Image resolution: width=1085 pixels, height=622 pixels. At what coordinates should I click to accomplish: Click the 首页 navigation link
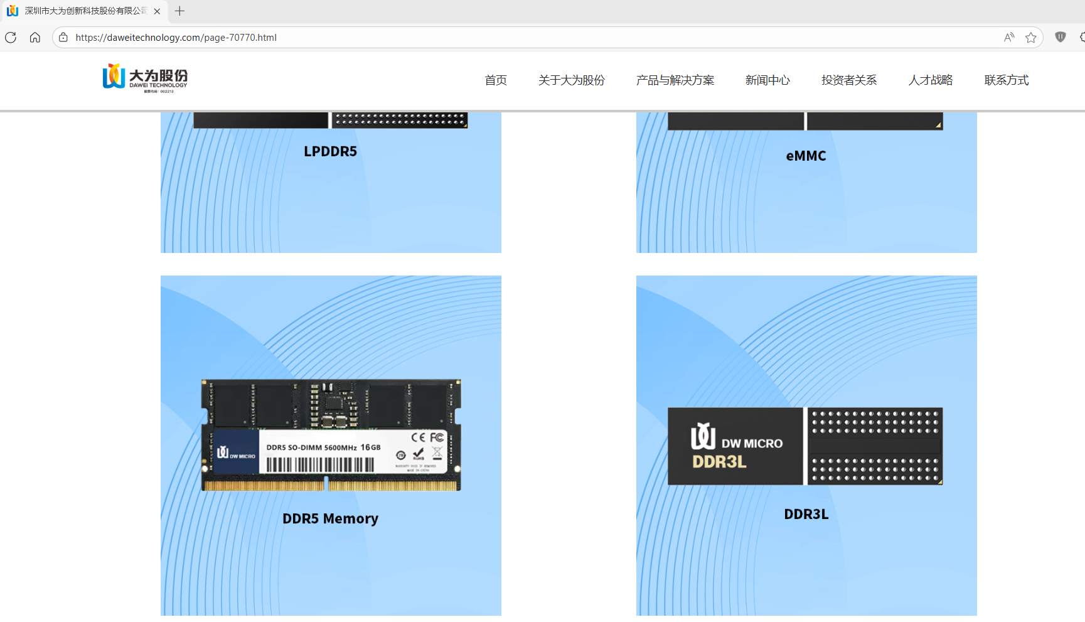point(495,80)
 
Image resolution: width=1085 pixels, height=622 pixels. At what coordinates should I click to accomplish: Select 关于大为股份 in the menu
point(571,80)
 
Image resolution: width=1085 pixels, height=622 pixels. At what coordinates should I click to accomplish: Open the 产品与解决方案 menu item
point(675,80)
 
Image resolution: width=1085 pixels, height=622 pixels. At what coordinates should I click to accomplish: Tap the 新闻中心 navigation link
point(767,80)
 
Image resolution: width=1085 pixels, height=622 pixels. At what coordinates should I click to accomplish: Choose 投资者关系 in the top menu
point(848,80)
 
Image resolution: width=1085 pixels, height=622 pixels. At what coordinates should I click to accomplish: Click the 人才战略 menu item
point(930,80)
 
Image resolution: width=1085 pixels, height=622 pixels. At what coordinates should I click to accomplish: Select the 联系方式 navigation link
point(1006,80)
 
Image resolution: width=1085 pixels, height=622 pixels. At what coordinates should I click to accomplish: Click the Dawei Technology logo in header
point(145,78)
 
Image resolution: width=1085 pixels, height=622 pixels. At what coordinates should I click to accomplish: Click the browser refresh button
point(11,38)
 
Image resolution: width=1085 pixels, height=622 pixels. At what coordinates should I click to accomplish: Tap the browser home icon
point(35,38)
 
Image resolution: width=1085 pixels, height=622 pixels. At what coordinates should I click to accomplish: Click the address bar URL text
point(176,38)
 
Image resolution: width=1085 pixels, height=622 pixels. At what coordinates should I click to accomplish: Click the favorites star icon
point(1030,38)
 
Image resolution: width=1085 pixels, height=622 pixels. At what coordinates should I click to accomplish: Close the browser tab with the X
point(157,11)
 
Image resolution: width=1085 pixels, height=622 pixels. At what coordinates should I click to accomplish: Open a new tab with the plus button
point(179,11)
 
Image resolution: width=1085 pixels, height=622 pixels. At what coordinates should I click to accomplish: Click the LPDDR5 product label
point(330,151)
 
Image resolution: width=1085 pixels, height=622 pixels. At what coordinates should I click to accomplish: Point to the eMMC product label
point(806,156)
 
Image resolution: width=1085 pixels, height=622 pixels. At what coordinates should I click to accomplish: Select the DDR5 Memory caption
point(330,518)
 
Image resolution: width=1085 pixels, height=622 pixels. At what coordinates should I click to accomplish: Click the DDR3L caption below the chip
point(806,514)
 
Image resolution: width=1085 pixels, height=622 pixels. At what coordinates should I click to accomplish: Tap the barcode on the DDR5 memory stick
point(320,465)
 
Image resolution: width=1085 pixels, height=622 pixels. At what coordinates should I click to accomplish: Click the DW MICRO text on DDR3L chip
point(752,444)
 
